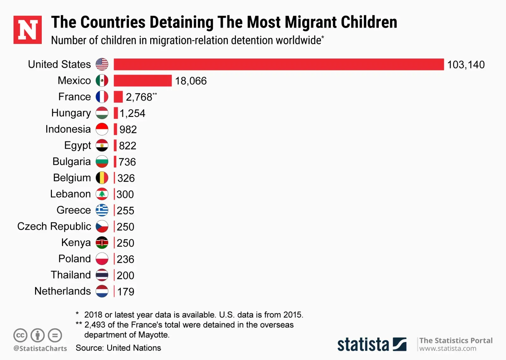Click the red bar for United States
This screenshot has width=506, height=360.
pyautogui.click(x=278, y=64)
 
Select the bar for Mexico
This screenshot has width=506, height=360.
pyautogui.click(x=143, y=81)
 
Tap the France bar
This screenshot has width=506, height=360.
pyautogui.click(x=118, y=97)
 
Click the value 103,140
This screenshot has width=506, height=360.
pyautogui.click(x=466, y=65)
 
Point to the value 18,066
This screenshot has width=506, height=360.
pyautogui.click(x=191, y=81)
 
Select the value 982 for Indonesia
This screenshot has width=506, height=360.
pyautogui.click(x=128, y=129)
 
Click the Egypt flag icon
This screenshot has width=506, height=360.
pyautogui.click(x=102, y=145)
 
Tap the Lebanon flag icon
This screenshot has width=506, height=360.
pyautogui.click(x=102, y=194)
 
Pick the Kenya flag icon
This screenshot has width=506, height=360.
pyautogui.click(x=102, y=242)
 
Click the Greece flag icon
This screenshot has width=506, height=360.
pyautogui.click(x=102, y=210)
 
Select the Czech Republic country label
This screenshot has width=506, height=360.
pyautogui.click(x=54, y=226)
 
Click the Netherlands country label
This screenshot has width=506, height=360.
pyautogui.click(x=63, y=291)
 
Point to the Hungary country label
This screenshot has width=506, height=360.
pyautogui.click(x=71, y=113)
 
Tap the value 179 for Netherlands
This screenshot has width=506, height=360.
pyautogui.click(x=126, y=291)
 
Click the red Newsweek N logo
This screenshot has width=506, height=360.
pyautogui.click(x=28, y=30)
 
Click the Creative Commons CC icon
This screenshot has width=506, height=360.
pyautogui.click(x=20, y=335)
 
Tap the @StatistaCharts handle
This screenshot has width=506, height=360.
pyautogui.click(x=40, y=348)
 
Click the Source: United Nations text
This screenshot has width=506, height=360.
pyautogui.click(x=118, y=348)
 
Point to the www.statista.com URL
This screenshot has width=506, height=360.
pyautogui.click(x=447, y=349)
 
